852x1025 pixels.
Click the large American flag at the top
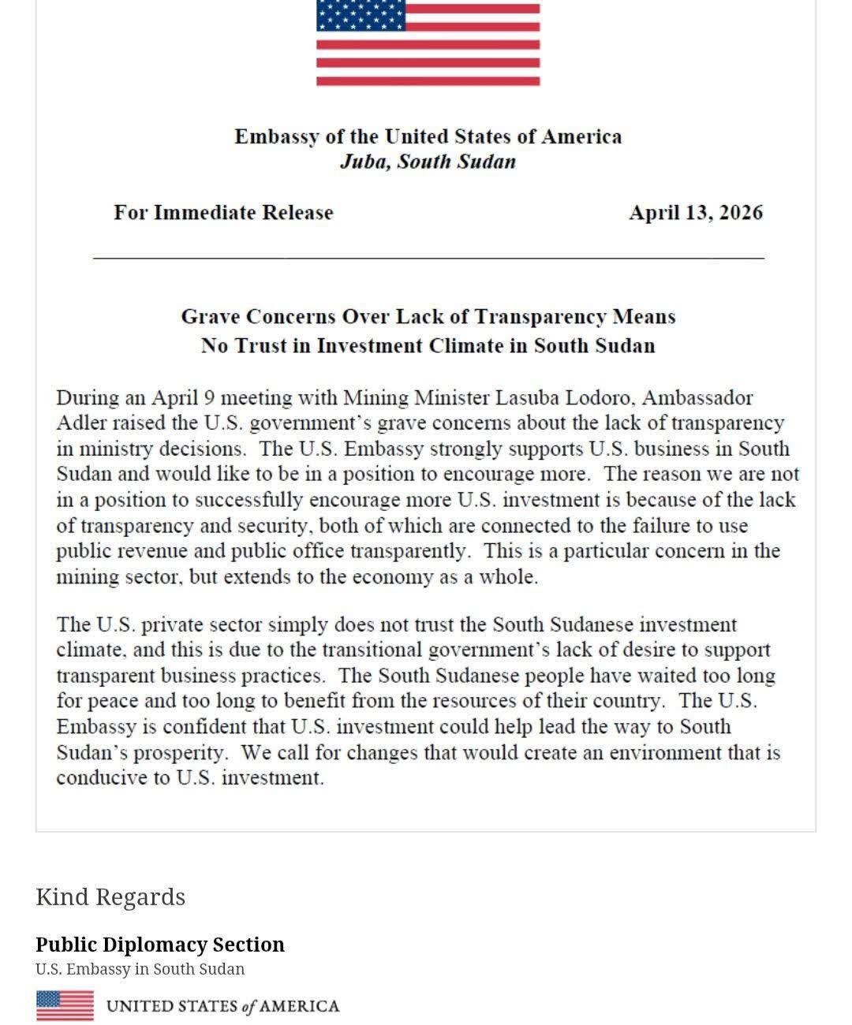428,43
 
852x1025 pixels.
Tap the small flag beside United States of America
65,1005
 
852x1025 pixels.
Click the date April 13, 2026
695,213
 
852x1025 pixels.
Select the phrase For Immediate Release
223,213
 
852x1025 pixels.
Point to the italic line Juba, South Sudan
428,162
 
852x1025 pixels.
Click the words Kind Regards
110,897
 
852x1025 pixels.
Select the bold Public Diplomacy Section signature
160,945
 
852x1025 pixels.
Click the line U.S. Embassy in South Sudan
140,969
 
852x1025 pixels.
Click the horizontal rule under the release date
428,258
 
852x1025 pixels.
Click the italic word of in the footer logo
249,1007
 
